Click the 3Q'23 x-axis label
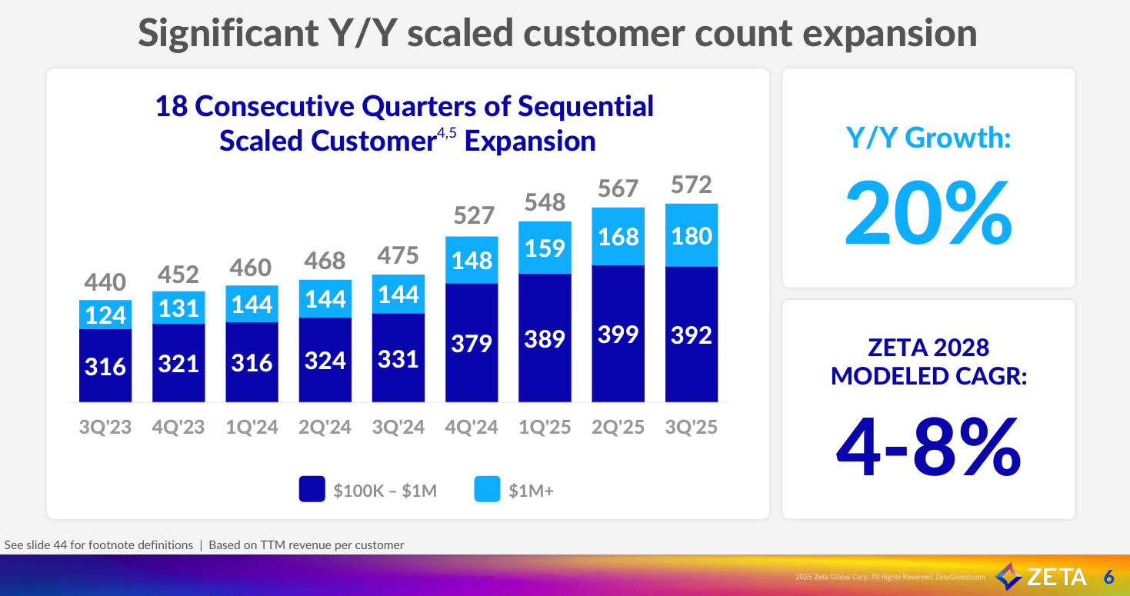pyautogui.click(x=105, y=427)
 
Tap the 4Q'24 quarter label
pyautogui.click(x=472, y=427)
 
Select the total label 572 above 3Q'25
pyautogui.click(x=691, y=185)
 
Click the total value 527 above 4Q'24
pyautogui.click(x=472, y=215)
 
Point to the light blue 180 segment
pyautogui.click(x=691, y=235)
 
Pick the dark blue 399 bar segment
pyautogui.click(x=618, y=334)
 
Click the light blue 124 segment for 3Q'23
pyautogui.click(x=105, y=315)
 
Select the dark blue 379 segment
pyautogui.click(x=472, y=342)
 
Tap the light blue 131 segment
pyautogui.click(x=178, y=308)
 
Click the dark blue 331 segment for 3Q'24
pyautogui.click(x=398, y=358)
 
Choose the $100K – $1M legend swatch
pyautogui.click(x=312, y=490)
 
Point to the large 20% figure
pyautogui.click(x=928, y=211)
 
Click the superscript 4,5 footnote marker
pyautogui.click(x=447, y=134)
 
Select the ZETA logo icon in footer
pyautogui.click(x=1008, y=576)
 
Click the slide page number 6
pyautogui.click(x=1108, y=577)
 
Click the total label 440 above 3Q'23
pyautogui.click(x=105, y=282)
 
